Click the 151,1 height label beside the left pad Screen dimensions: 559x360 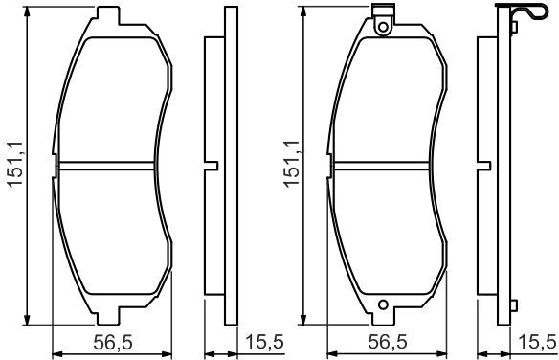tap(15, 165)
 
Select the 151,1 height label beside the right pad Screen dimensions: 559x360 tap(291, 164)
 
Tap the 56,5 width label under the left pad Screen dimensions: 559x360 tap(113, 343)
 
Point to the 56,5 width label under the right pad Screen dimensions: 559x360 tap(387, 343)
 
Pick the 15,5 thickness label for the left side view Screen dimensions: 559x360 tap(265, 342)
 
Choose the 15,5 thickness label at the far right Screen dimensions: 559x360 tap(537, 342)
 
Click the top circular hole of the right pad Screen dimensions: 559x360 tap(383, 27)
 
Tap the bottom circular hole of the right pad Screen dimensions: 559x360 tap(383, 304)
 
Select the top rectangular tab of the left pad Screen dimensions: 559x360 tap(108, 15)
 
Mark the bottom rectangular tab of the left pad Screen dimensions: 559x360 tap(108, 316)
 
